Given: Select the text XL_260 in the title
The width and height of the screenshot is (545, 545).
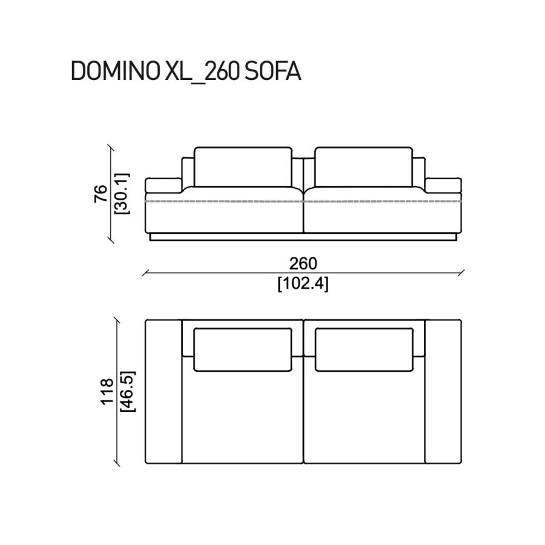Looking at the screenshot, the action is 202,72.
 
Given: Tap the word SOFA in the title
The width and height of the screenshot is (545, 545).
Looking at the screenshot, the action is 272,71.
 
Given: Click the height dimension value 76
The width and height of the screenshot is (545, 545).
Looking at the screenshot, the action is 101,194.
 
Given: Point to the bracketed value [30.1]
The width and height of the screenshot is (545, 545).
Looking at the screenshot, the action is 122,193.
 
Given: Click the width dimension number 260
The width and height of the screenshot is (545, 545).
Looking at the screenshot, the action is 303,263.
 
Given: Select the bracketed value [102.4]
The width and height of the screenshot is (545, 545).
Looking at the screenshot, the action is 303,285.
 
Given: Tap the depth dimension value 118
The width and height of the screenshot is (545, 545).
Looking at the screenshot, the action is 107,391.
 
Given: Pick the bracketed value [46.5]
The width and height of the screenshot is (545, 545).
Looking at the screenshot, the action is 128,391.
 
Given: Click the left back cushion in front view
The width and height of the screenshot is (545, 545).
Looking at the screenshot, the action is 243,167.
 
